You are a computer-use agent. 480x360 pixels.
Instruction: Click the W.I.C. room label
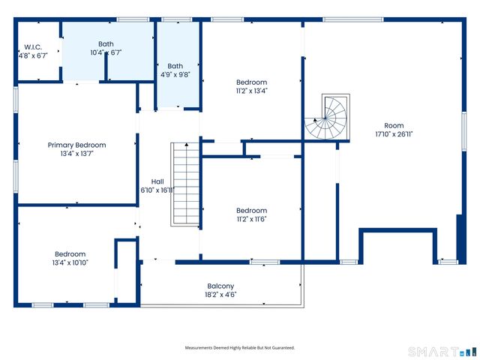33,47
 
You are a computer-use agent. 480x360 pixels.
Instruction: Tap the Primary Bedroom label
76,145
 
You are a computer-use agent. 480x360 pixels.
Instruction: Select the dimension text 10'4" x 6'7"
106,52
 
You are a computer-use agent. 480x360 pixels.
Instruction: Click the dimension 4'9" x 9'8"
175,74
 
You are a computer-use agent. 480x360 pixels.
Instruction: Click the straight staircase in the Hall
185,184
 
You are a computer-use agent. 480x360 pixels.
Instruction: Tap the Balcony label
220,286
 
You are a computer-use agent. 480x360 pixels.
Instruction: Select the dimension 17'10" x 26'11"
394,134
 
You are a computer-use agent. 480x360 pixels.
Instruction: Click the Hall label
157,181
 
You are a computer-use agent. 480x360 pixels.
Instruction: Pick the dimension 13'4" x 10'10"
70,262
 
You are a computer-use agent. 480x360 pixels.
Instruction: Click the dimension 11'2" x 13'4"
252,91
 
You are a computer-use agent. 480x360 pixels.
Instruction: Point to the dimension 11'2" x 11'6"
252,219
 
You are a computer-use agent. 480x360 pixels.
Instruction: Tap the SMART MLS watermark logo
442,352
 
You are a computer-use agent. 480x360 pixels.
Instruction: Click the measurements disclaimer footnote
240,348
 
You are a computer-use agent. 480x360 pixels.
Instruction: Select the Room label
394,125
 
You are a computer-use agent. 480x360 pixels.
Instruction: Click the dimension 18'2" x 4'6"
220,295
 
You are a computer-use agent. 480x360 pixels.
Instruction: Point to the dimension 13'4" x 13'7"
76,154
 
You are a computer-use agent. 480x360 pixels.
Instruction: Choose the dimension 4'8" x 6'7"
33,56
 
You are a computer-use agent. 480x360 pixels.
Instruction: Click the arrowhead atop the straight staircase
187,145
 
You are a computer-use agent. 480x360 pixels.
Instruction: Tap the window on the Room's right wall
464,131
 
